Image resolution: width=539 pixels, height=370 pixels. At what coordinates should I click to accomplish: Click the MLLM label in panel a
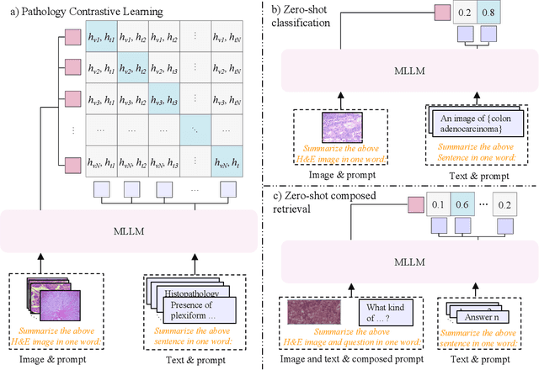134,229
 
